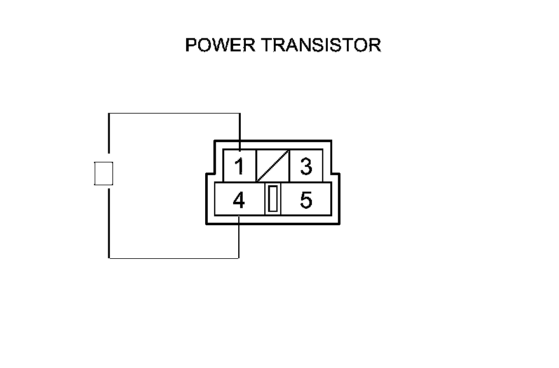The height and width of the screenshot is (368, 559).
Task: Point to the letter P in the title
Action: pos(191,46)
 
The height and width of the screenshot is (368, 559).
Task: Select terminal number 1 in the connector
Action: pos(239,167)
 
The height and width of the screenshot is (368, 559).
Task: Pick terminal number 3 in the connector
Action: pos(306,167)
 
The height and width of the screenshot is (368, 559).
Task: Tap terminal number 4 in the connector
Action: pos(239,200)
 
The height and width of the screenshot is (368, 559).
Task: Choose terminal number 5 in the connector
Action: pos(306,200)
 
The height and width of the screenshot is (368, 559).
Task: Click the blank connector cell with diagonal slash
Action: pos(273,166)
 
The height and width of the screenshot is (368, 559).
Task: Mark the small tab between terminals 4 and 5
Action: pos(273,199)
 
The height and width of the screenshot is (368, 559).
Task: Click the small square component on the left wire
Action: pos(104,173)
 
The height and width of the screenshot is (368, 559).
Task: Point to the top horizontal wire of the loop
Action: pos(174,114)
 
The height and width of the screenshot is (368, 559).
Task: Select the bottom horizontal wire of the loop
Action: pos(174,258)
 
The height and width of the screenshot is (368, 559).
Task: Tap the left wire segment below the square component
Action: pos(109,222)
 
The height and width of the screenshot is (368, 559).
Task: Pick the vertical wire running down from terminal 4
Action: pos(239,237)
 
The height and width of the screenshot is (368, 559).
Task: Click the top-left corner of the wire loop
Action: pos(109,114)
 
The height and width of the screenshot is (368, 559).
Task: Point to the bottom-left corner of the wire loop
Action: pos(109,258)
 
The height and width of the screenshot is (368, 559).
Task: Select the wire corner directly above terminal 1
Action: pos(239,114)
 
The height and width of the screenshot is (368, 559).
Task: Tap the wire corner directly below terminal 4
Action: pos(239,258)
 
